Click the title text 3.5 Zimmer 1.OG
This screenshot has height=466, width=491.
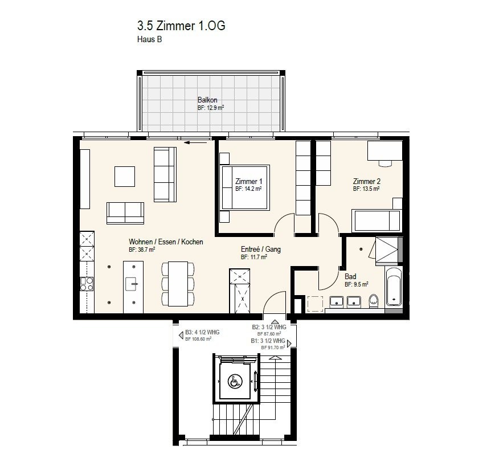[181, 26]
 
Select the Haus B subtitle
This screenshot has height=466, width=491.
[149, 39]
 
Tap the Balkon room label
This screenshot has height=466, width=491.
[207, 100]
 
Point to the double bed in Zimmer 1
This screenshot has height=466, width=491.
[245, 187]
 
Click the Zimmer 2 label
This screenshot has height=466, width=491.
[367, 181]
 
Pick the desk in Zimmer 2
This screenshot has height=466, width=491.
[385, 150]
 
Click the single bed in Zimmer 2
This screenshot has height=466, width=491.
[377, 221]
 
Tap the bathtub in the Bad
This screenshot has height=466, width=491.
[393, 287]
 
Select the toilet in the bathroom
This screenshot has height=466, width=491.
[374, 301]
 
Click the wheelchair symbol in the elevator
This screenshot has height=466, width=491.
[235, 382]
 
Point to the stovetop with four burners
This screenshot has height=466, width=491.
[87, 284]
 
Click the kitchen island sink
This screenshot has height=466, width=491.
[132, 284]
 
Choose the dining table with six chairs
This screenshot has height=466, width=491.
[178, 284]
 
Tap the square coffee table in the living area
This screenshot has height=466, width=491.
[125, 177]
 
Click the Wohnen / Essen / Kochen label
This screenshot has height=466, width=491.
[166, 242]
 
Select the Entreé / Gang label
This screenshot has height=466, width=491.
[261, 250]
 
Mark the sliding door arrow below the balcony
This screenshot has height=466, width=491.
[196, 143]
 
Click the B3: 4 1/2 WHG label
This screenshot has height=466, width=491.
[202, 332]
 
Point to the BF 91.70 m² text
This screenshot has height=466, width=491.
[273, 348]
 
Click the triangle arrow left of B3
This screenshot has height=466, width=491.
[181, 336]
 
